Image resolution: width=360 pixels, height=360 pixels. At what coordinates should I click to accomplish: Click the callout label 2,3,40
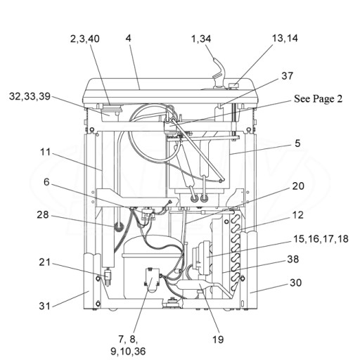(85, 39)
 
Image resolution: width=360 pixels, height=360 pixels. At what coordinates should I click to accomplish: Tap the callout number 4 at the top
(128, 38)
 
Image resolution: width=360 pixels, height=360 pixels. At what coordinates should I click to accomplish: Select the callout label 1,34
(201, 39)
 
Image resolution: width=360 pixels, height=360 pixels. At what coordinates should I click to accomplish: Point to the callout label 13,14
(285, 38)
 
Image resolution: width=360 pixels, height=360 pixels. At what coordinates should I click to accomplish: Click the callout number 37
(287, 76)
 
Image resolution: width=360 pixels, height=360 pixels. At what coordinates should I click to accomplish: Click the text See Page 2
(318, 98)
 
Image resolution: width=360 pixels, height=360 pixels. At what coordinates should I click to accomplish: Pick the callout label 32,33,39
(30, 96)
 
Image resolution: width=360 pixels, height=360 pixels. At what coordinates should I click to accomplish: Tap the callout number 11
(46, 152)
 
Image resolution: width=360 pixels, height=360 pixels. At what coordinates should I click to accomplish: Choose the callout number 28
(43, 214)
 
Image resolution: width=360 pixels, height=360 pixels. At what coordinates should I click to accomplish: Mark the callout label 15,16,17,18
(321, 239)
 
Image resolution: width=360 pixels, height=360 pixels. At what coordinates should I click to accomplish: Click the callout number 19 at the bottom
(218, 339)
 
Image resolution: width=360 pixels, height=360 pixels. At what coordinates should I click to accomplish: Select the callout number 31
(44, 306)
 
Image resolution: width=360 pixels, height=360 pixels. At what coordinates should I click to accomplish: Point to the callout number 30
(296, 283)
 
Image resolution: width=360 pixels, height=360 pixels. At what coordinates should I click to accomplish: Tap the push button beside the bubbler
(233, 85)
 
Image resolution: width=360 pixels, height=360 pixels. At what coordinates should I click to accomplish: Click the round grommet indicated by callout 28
(119, 227)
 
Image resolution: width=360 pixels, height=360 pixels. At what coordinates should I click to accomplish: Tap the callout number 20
(298, 186)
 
